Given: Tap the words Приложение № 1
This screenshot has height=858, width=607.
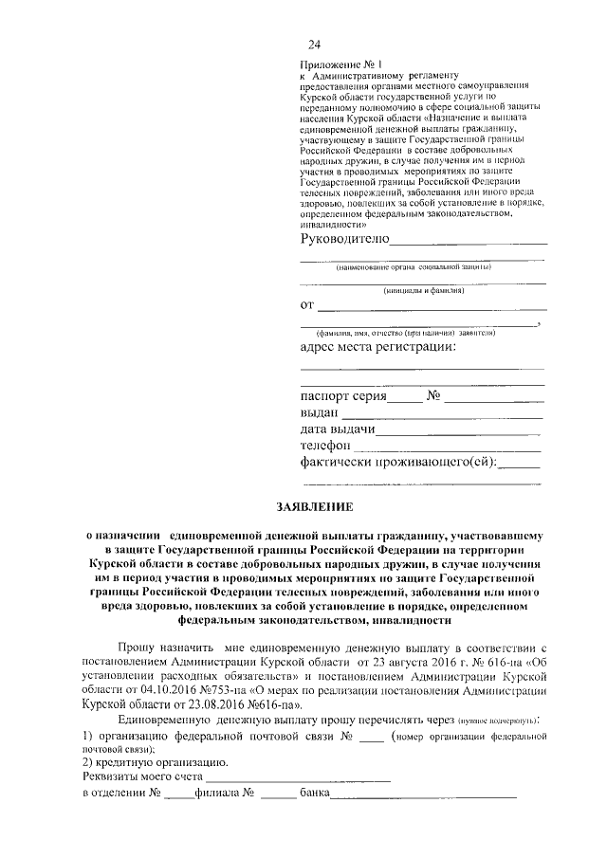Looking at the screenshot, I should pos(332,63).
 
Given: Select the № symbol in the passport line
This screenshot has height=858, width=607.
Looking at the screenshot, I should pos(436,395).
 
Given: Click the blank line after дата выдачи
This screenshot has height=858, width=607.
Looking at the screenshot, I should pos(457,433).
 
